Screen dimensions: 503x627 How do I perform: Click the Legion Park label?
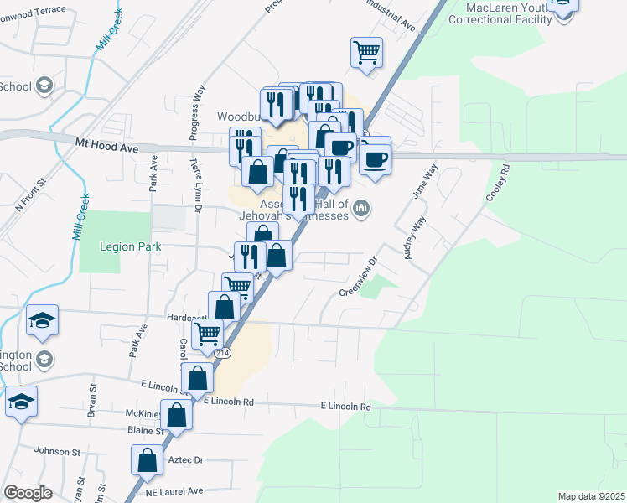pos(123,246)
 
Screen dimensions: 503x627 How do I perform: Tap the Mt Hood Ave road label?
pos(106,146)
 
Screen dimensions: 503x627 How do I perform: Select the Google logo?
pos(28,493)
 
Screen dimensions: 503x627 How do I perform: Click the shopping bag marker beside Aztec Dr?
pos(148,459)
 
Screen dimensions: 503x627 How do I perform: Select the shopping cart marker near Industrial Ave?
pos(366,52)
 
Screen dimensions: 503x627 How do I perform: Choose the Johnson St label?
pos(57,451)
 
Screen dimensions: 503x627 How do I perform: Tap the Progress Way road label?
pos(199,104)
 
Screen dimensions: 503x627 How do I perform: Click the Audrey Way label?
pos(415,238)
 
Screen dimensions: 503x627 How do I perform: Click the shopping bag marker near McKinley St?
pos(177,414)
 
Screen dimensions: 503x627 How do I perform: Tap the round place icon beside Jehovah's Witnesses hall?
pos(361,207)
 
